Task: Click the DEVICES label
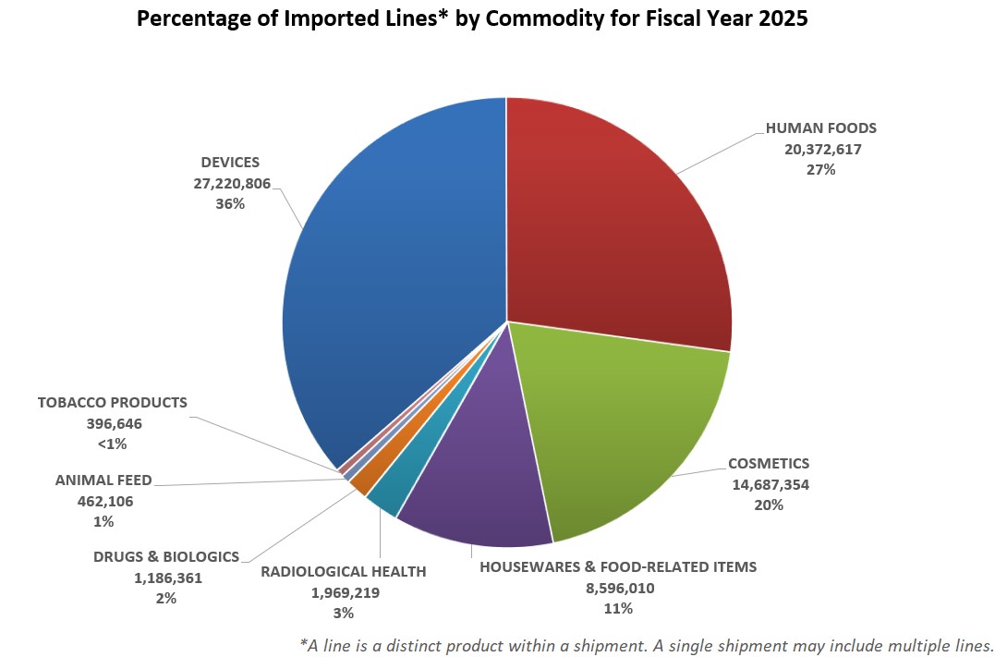[x=231, y=162]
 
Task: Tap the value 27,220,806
[x=231, y=183]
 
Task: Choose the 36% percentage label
[x=231, y=204]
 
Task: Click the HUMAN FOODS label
[x=820, y=128]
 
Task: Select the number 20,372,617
[x=820, y=149]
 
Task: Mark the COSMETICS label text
[x=768, y=463]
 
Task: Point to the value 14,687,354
[x=768, y=484]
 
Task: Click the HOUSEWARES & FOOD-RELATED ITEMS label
[x=618, y=566]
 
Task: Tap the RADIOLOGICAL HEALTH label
[x=344, y=571]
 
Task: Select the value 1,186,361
[x=166, y=578]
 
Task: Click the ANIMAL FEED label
[x=103, y=480]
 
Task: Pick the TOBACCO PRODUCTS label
[x=113, y=403]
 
